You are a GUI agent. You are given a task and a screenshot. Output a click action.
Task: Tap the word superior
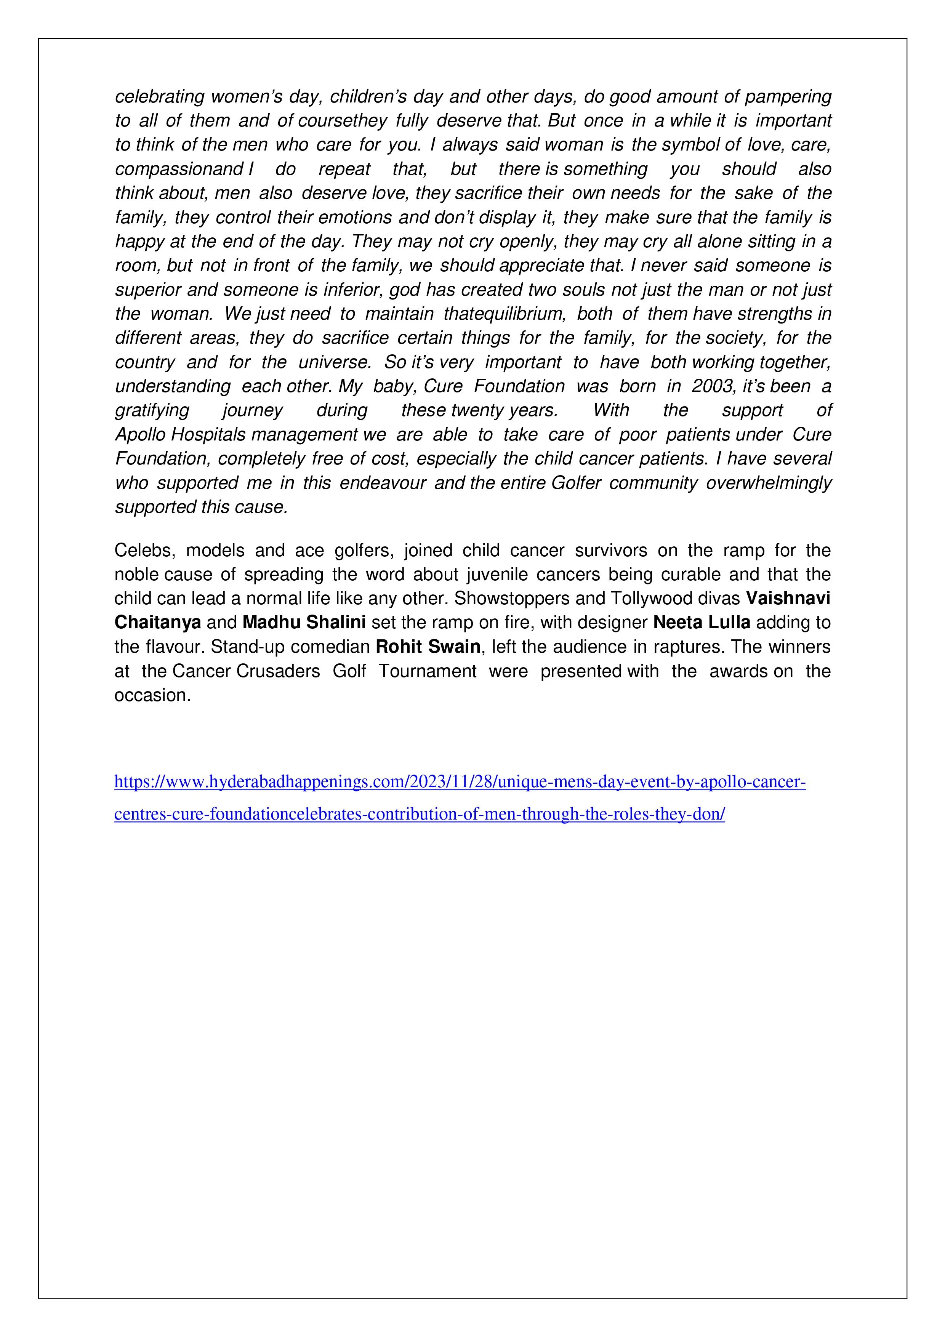coord(149,290)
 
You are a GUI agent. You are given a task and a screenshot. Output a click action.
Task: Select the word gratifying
coord(152,410)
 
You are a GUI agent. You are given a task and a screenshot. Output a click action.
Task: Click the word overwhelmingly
coord(769,483)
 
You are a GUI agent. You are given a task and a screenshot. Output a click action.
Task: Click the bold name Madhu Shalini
coord(304,623)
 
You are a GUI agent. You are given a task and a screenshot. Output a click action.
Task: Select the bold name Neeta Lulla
coord(702,623)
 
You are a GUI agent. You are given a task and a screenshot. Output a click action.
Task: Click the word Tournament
coord(428,671)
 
